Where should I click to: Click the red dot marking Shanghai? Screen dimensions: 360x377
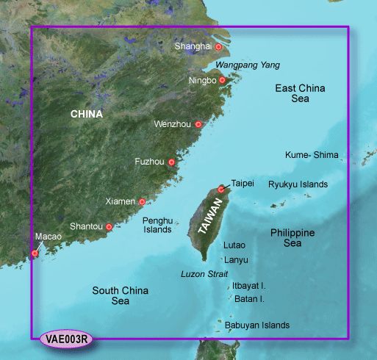click(x=218, y=47)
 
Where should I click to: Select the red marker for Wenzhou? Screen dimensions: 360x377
click(x=198, y=125)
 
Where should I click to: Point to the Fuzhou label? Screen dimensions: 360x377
click(x=150, y=162)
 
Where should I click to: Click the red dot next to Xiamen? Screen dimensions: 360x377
click(x=142, y=201)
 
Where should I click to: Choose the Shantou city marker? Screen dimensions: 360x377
click(x=109, y=227)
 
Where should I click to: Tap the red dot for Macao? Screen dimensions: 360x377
click(x=34, y=253)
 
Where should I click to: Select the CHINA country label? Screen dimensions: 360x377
click(x=87, y=115)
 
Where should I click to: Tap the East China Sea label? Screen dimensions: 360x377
click(x=300, y=93)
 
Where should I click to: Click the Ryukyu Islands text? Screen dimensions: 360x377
click(x=298, y=184)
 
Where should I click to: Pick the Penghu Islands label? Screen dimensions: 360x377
click(x=157, y=225)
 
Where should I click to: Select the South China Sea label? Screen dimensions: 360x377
click(x=121, y=295)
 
